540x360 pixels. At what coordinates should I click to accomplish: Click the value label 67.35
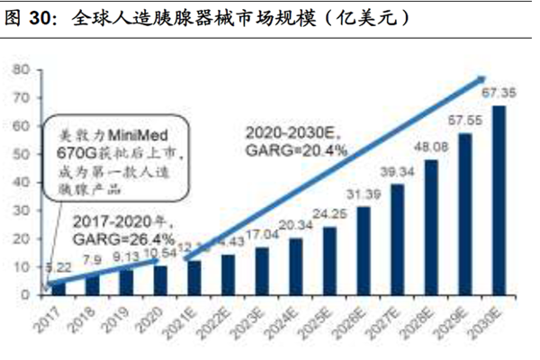tap(498, 94)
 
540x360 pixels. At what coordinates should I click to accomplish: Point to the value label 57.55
tap(465, 121)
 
